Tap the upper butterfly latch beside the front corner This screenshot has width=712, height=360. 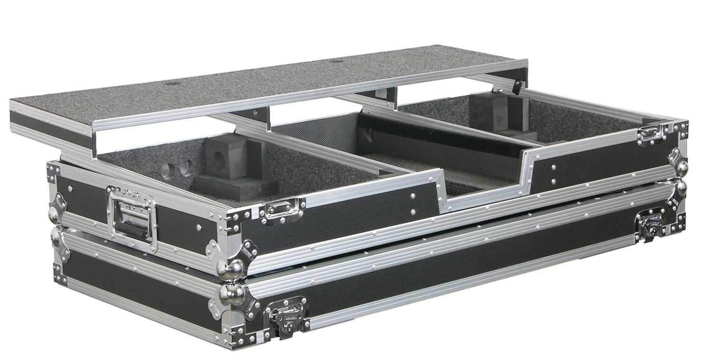tap(281, 211)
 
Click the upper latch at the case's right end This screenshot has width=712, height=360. tap(650, 134)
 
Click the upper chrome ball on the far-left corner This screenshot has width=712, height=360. tap(53, 214)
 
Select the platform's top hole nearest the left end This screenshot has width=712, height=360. tap(172, 83)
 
